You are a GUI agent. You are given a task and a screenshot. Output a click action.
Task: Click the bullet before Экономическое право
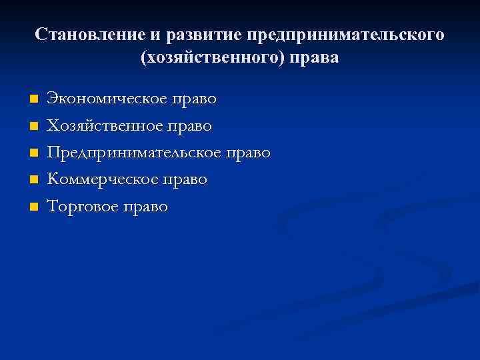click(33, 99)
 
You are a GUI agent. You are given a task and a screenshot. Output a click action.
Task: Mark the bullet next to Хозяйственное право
click(33, 126)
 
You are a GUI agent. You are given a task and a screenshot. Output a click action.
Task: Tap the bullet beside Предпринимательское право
click(33, 153)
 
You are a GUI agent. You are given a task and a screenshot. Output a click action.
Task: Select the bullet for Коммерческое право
click(33, 180)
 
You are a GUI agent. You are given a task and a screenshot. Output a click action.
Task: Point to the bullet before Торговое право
click(33, 207)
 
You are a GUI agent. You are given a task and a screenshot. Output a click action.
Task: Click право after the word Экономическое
click(194, 99)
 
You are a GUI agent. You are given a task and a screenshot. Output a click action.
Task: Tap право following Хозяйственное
click(190, 125)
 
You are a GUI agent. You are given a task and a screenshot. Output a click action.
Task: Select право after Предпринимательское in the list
click(248, 153)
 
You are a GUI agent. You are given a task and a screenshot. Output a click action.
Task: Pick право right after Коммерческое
click(185, 179)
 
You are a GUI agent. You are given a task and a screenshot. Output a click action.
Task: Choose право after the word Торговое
click(146, 207)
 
